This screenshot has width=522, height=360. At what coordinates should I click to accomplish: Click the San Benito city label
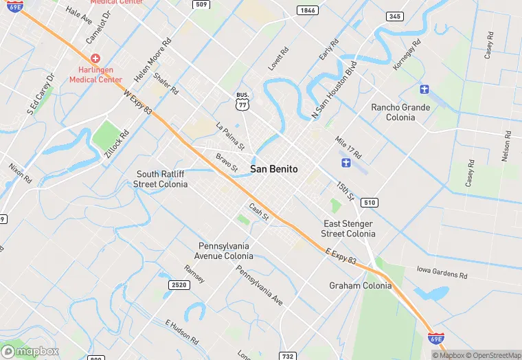point(273,168)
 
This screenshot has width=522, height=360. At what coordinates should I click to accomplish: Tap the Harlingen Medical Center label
point(95,75)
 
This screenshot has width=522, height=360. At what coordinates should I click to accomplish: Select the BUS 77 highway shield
point(241,100)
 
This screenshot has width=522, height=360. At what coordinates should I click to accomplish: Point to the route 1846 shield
point(307,10)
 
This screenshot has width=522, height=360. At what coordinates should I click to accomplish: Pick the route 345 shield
point(395,16)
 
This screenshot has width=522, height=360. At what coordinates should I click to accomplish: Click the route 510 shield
point(370,203)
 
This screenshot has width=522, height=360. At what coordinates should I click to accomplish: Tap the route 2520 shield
point(178,284)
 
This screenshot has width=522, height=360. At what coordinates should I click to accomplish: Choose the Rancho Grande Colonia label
point(400,112)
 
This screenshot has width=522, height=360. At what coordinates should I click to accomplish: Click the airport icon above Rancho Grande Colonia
point(424,89)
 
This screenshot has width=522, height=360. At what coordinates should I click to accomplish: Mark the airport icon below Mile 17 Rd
point(346,163)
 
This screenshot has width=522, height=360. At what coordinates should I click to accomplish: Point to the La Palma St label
point(230,136)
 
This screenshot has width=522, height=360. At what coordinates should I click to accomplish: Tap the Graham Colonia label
point(360,286)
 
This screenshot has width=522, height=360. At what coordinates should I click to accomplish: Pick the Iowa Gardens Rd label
point(442,273)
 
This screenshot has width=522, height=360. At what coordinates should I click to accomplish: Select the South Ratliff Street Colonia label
point(160,179)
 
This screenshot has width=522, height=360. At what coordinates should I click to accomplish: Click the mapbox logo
point(30,350)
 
